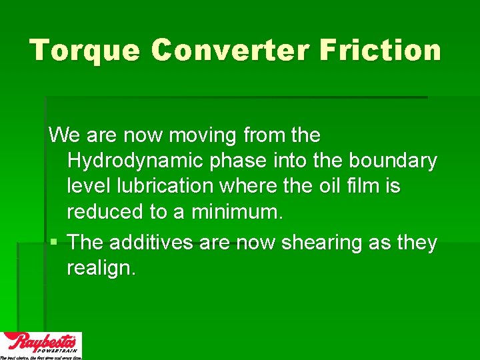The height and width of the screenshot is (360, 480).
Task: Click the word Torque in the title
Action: (84, 50)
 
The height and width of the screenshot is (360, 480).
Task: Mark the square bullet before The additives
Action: (53, 242)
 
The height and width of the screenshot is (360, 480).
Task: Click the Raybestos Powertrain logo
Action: (41, 345)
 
